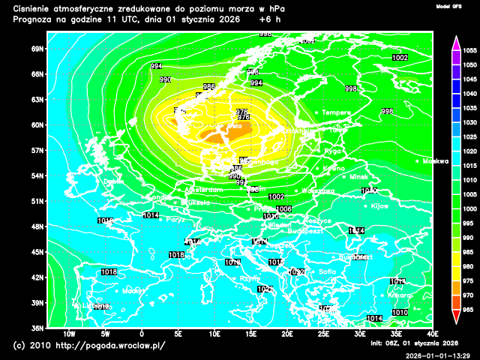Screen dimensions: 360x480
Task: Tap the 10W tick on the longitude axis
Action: pos(69,334)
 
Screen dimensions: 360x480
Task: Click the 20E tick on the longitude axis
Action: pos(288,334)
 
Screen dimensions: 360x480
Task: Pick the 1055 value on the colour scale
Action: pos(470,50)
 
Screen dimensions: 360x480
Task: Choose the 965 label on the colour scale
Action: pos(470,309)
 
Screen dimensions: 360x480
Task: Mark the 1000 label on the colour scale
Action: pos(470,208)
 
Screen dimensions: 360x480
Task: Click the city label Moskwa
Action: pos(435,161)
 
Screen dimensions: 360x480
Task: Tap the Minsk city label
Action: pos(359,177)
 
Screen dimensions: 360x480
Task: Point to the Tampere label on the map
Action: pos(336,112)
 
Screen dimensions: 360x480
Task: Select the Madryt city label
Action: pos(133,290)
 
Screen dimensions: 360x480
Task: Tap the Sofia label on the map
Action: pos(327,271)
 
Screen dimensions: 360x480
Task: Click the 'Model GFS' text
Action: pos(448,6)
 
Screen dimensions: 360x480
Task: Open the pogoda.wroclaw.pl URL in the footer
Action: pos(109,346)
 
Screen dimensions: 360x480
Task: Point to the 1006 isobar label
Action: pos(283,209)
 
